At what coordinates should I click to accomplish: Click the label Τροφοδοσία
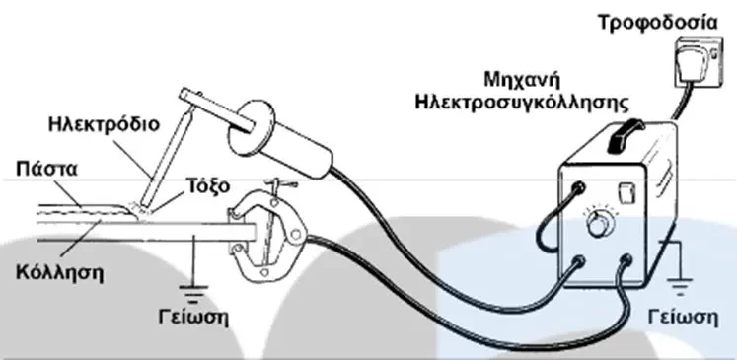(658, 22)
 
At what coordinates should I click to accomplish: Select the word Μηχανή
(523, 80)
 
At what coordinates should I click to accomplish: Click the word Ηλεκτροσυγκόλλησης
(522, 103)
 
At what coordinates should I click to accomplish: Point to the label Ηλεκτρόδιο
(105, 125)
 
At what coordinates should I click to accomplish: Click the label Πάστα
(46, 169)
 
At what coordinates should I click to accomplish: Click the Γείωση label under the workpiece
(193, 318)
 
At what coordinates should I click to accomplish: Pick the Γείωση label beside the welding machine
(683, 318)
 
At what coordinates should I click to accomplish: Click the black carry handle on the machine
(626, 135)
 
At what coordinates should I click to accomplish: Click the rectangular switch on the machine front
(627, 192)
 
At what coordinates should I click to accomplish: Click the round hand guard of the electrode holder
(252, 127)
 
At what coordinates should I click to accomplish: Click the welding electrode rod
(169, 156)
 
